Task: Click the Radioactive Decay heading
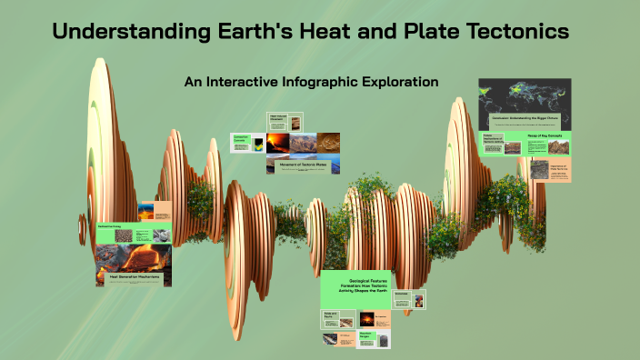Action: [113, 223]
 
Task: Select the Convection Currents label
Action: [241, 139]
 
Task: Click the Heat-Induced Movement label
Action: [278, 118]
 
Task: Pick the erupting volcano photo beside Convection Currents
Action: [277, 142]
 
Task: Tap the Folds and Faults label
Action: [333, 315]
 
